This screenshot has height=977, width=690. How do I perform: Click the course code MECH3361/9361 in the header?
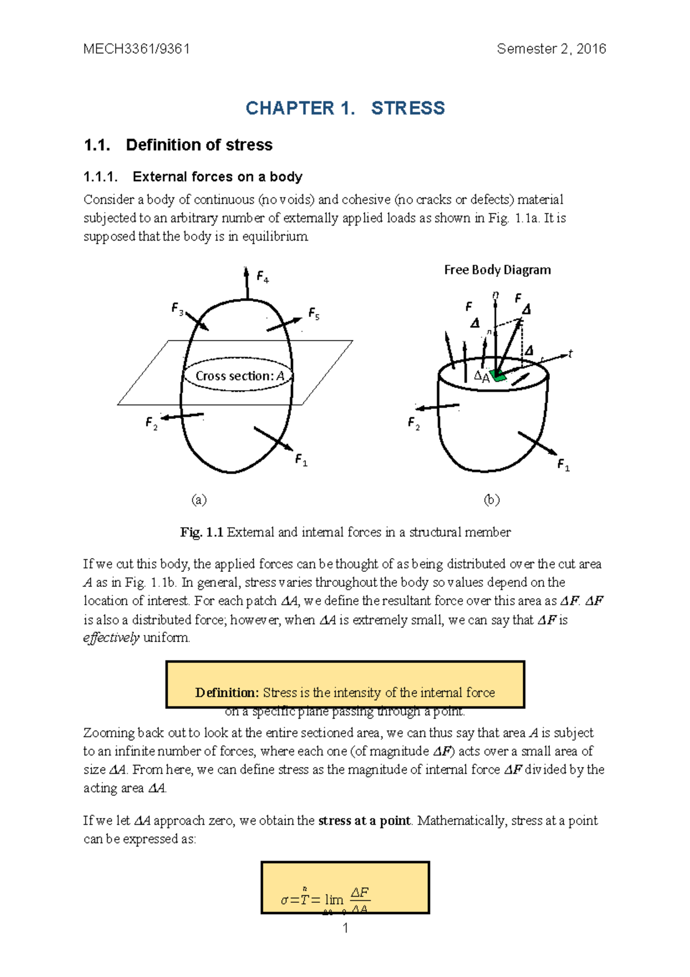136,49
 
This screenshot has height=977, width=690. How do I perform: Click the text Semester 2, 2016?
551,49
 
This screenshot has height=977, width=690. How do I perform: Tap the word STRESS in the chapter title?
408,108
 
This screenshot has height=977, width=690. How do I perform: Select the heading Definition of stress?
199,145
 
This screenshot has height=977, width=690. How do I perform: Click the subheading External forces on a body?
217,177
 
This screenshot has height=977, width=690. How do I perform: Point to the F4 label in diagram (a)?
262,277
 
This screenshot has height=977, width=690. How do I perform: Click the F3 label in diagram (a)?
177,309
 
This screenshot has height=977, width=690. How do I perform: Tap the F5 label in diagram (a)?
313,314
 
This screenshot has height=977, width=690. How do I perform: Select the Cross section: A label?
239,376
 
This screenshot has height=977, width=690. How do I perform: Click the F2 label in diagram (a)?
151,424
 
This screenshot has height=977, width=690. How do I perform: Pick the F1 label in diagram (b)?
563,465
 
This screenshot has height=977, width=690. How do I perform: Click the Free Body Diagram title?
497,270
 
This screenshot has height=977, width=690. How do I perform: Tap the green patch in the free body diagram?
498,376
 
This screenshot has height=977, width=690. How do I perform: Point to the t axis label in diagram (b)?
570,354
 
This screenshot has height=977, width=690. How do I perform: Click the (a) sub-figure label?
199,499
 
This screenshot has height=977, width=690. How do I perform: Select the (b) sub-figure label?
492,499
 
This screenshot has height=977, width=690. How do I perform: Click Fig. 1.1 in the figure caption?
201,532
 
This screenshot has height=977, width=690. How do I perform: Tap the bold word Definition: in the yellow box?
227,693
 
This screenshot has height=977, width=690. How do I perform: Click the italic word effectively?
111,638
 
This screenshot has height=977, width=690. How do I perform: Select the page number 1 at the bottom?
345,928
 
